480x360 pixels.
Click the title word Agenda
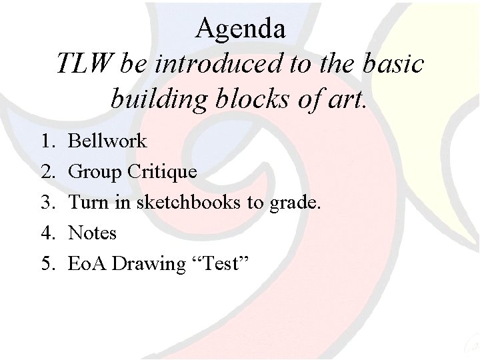point(241,28)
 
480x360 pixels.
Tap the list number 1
point(47,141)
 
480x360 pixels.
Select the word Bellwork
point(107,141)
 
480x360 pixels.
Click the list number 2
point(47,172)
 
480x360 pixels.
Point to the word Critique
point(162,172)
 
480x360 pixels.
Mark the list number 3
point(47,203)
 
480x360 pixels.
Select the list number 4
point(47,233)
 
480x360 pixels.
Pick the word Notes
point(93,233)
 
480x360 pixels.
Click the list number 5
point(47,264)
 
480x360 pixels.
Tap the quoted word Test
point(219,264)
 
